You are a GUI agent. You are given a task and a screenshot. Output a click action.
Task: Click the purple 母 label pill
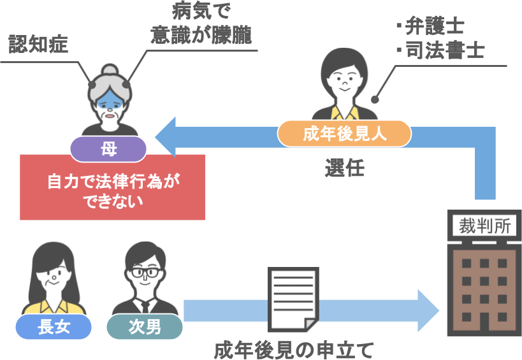[108, 150]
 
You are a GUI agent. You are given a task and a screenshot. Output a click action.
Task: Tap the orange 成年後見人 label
[344, 134]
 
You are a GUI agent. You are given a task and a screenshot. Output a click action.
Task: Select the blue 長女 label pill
[54, 328]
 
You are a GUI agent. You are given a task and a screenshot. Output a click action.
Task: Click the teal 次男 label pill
[145, 328]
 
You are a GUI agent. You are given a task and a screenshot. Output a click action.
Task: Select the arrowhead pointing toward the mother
[167, 136]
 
